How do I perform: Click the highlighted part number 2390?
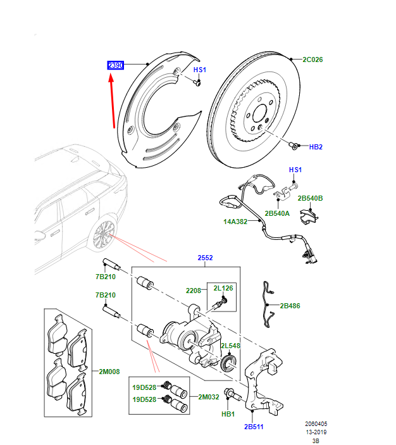coord(115,65)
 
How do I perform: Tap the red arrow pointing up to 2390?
coord(113,101)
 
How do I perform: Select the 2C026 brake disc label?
coord(312,60)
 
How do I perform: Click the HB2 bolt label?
coord(316,147)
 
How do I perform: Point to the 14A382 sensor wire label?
coord(236,222)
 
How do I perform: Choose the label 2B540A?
coord(277,213)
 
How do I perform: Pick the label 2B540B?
coord(311,199)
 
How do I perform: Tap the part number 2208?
coord(194,291)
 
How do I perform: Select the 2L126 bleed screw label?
coord(223,289)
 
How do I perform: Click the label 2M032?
coord(208,397)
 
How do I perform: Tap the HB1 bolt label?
coord(227,414)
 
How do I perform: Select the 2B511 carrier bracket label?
coord(254,427)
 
